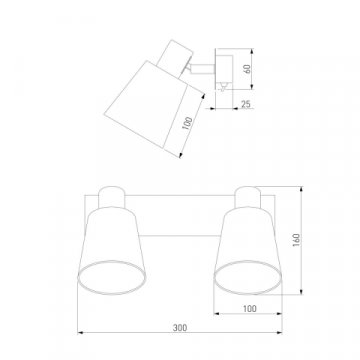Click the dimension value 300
[180, 328]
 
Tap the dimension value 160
[296, 240]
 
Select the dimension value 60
[247, 69]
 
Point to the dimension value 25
[246, 104]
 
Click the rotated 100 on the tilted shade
[188, 123]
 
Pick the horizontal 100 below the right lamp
[249, 309]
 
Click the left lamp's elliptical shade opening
[111, 277]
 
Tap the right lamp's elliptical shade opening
[248, 277]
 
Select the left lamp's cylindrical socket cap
[112, 197]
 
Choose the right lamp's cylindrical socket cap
[248, 197]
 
